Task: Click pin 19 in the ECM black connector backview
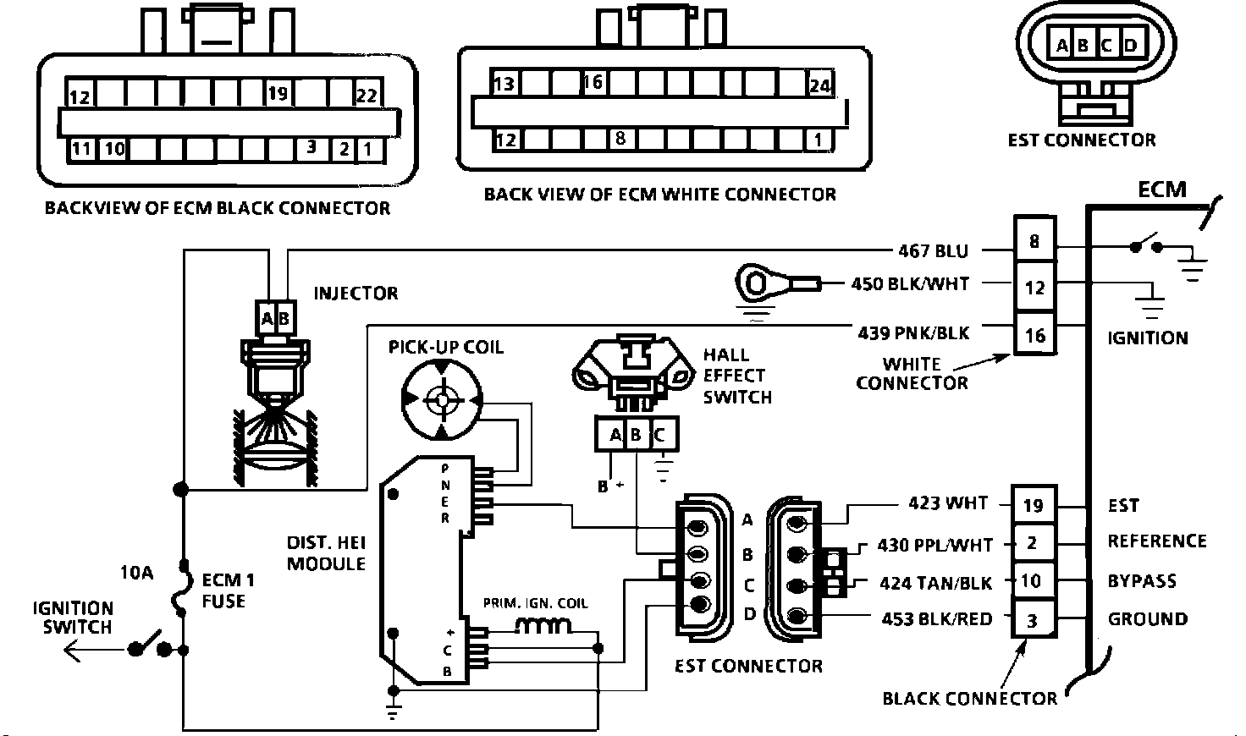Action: point(278,93)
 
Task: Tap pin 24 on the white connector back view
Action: point(819,85)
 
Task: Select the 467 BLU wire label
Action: point(933,250)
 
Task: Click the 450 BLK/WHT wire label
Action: point(910,284)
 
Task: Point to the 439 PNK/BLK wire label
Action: point(913,332)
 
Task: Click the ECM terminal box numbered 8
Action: point(1034,243)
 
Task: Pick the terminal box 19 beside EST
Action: point(1033,506)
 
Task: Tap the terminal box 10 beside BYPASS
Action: point(1031,581)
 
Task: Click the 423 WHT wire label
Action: point(948,503)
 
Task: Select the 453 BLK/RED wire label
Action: point(936,619)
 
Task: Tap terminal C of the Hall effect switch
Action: point(660,436)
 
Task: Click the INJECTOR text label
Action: point(356,294)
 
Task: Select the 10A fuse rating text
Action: point(135,573)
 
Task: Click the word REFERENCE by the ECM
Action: point(1157,541)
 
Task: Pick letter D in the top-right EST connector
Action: point(1131,46)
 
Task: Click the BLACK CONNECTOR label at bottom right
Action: point(969,699)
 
